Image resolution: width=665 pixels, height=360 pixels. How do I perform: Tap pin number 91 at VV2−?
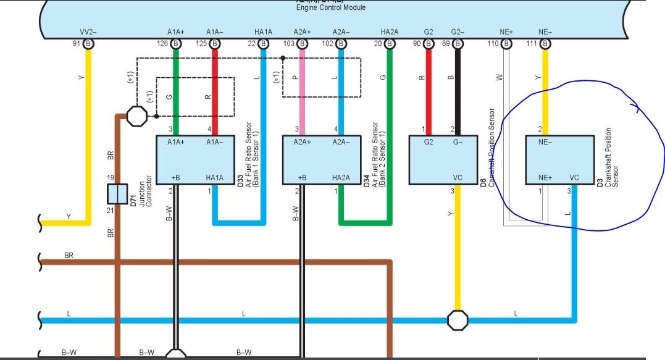coord(77,44)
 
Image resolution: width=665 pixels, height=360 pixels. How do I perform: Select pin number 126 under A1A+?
coord(162,44)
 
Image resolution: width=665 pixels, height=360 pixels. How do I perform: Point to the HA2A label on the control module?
coord(390,31)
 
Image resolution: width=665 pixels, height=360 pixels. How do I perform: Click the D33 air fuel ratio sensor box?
coord(194,160)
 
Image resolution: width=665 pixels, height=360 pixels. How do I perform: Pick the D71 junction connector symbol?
coord(117,194)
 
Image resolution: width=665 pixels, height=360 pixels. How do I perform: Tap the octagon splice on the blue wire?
coord(458,320)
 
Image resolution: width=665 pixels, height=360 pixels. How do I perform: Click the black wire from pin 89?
coord(457,93)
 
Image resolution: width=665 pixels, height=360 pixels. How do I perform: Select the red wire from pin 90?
coord(429,93)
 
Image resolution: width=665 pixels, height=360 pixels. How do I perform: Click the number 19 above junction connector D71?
coord(111,177)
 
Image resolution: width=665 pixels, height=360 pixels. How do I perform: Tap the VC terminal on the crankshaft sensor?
coord(574,177)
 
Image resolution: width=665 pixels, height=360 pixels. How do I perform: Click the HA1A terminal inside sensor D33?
coord(214,177)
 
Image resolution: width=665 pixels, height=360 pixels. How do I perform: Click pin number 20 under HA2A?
coord(378,44)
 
